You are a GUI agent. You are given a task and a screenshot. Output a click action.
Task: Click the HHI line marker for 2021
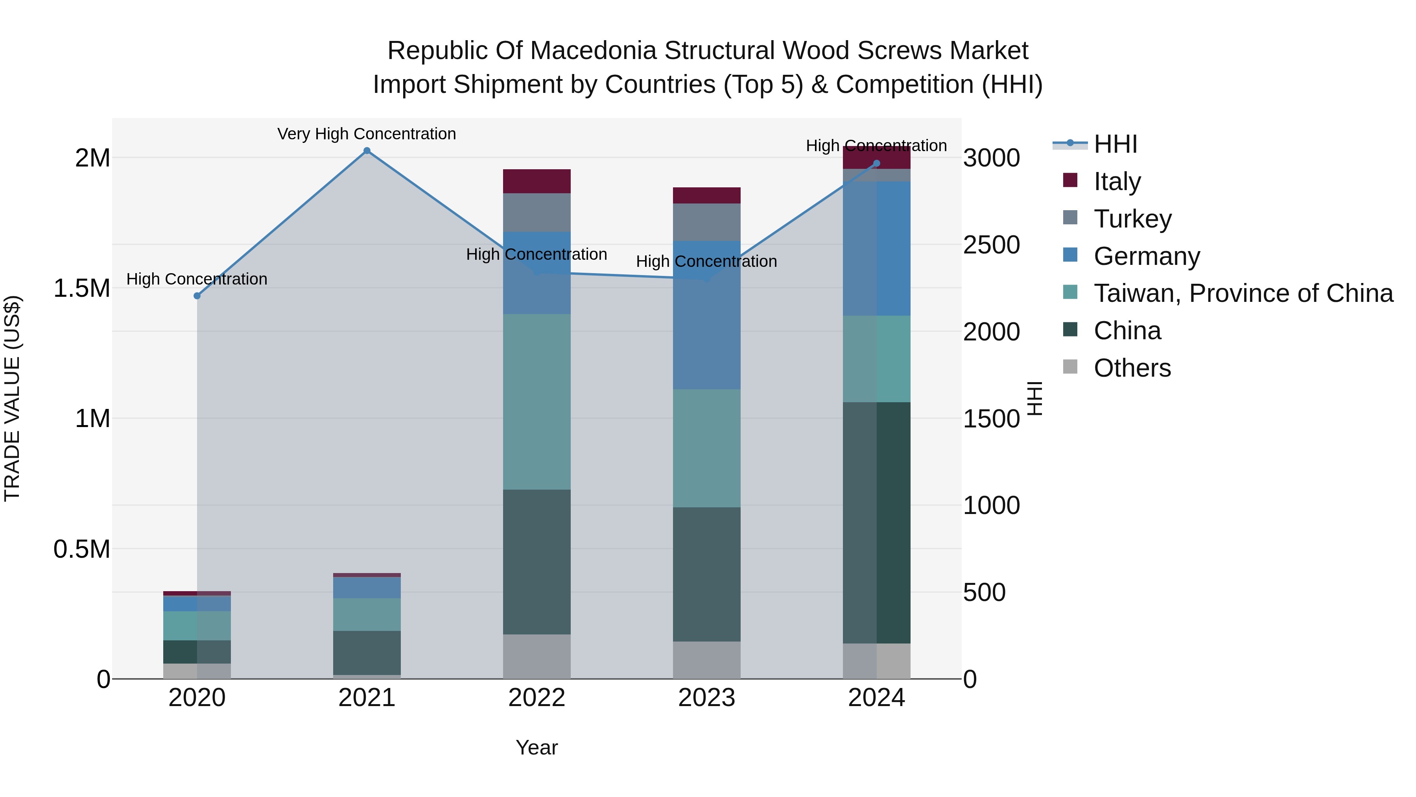point(367,151)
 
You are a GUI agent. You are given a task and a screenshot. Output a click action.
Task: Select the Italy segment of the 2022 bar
point(537,181)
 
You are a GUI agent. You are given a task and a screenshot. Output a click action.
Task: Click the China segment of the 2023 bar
point(706,574)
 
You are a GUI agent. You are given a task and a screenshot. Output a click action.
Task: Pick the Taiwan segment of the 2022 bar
point(537,401)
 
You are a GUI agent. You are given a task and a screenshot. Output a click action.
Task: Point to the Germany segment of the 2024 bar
point(876,249)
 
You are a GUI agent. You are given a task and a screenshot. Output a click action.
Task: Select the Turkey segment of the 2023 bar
point(706,222)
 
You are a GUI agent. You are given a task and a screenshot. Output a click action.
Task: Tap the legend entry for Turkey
point(1132,219)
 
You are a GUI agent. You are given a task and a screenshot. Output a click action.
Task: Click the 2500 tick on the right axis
point(991,245)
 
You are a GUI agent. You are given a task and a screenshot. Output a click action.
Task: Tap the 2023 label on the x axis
point(706,698)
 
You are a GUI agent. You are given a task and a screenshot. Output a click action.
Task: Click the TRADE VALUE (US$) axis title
point(12,398)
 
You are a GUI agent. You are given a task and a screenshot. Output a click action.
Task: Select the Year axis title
point(537,747)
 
